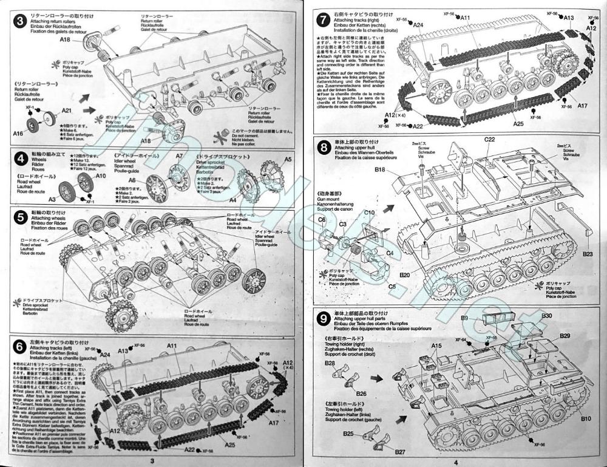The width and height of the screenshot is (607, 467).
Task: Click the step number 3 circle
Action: [x=19, y=21]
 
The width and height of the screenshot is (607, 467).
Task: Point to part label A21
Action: [x=67, y=111]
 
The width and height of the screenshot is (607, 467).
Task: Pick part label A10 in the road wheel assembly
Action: [x=101, y=176]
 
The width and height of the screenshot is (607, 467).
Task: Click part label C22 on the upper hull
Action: [x=490, y=139]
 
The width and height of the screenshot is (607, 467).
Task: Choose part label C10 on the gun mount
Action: [x=370, y=213]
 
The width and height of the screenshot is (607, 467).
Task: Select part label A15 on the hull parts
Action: [x=437, y=346]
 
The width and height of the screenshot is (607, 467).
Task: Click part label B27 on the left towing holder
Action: [x=382, y=452]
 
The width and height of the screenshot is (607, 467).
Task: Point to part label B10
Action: [x=585, y=418]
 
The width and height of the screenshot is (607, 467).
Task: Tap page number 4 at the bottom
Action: [x=454, y=462]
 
